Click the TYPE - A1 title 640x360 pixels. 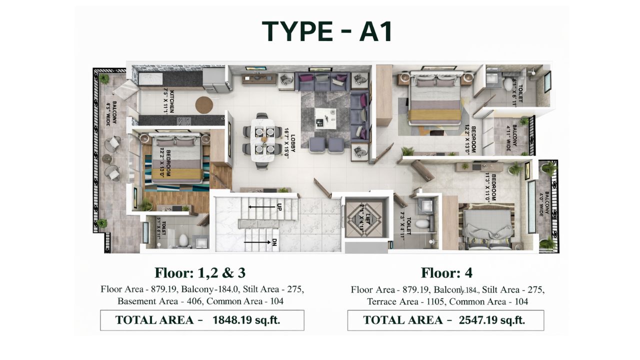pos(327,31)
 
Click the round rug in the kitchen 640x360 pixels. pos(204,105)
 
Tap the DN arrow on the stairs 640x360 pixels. pos(260,242)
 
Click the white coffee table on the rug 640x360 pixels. pos(325,117)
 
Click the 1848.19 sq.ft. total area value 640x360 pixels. pos(246,320)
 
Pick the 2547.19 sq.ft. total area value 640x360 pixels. pos(491,320)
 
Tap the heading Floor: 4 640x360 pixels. pos(446,272)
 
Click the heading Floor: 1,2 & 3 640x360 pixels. pos(200,272)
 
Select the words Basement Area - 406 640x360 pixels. pos(160,301)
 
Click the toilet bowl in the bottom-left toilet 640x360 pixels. pos(183,240)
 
